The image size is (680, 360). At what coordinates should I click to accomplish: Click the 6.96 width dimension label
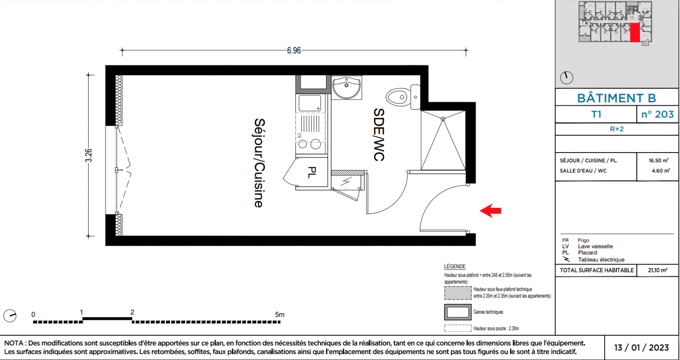pos(294,50)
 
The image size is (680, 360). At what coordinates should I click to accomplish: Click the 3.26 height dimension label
pos(88,155)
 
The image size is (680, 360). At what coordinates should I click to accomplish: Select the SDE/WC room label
pos(379,135)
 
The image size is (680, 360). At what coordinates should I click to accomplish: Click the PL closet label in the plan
pos(312,172)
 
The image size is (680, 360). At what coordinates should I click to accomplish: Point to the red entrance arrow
pos(490,211)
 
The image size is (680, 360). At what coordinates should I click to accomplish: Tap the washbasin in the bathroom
pos(346,87)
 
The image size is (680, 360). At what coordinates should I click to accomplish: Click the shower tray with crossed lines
pos(443,140)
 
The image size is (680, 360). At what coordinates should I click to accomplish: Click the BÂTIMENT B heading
pos(617,98)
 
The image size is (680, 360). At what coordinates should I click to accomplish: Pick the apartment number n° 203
pos(657,114)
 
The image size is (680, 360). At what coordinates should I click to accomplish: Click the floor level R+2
pos(617,129)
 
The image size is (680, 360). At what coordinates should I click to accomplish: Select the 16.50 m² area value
pos(658,161)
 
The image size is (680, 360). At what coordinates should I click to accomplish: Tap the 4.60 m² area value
pos(661,171)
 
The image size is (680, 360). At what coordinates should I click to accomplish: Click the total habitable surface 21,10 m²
pos(657,270)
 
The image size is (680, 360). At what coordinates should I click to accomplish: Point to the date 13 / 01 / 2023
pos(641,347)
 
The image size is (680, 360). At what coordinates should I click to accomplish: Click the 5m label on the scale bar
pos(280,315)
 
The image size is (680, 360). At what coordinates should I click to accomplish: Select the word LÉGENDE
pos(454,266)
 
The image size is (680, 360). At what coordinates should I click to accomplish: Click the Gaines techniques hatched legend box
pos(458,312)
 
